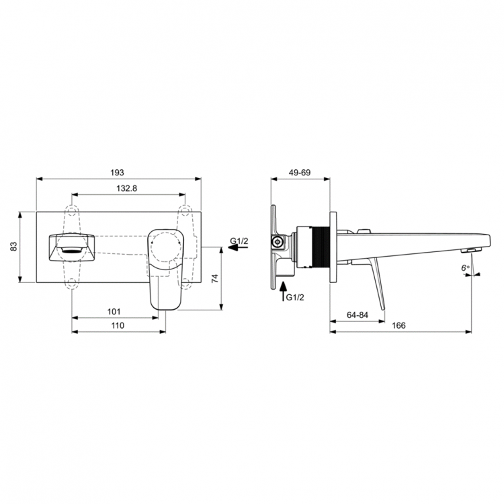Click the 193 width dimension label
[119, 173]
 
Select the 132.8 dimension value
[126, 189]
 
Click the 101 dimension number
[114, 311]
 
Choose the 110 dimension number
[118, 325]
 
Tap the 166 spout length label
[398, 325]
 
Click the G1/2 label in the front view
[239, 240]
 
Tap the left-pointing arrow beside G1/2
[237, 248]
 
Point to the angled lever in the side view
[376, 282]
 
